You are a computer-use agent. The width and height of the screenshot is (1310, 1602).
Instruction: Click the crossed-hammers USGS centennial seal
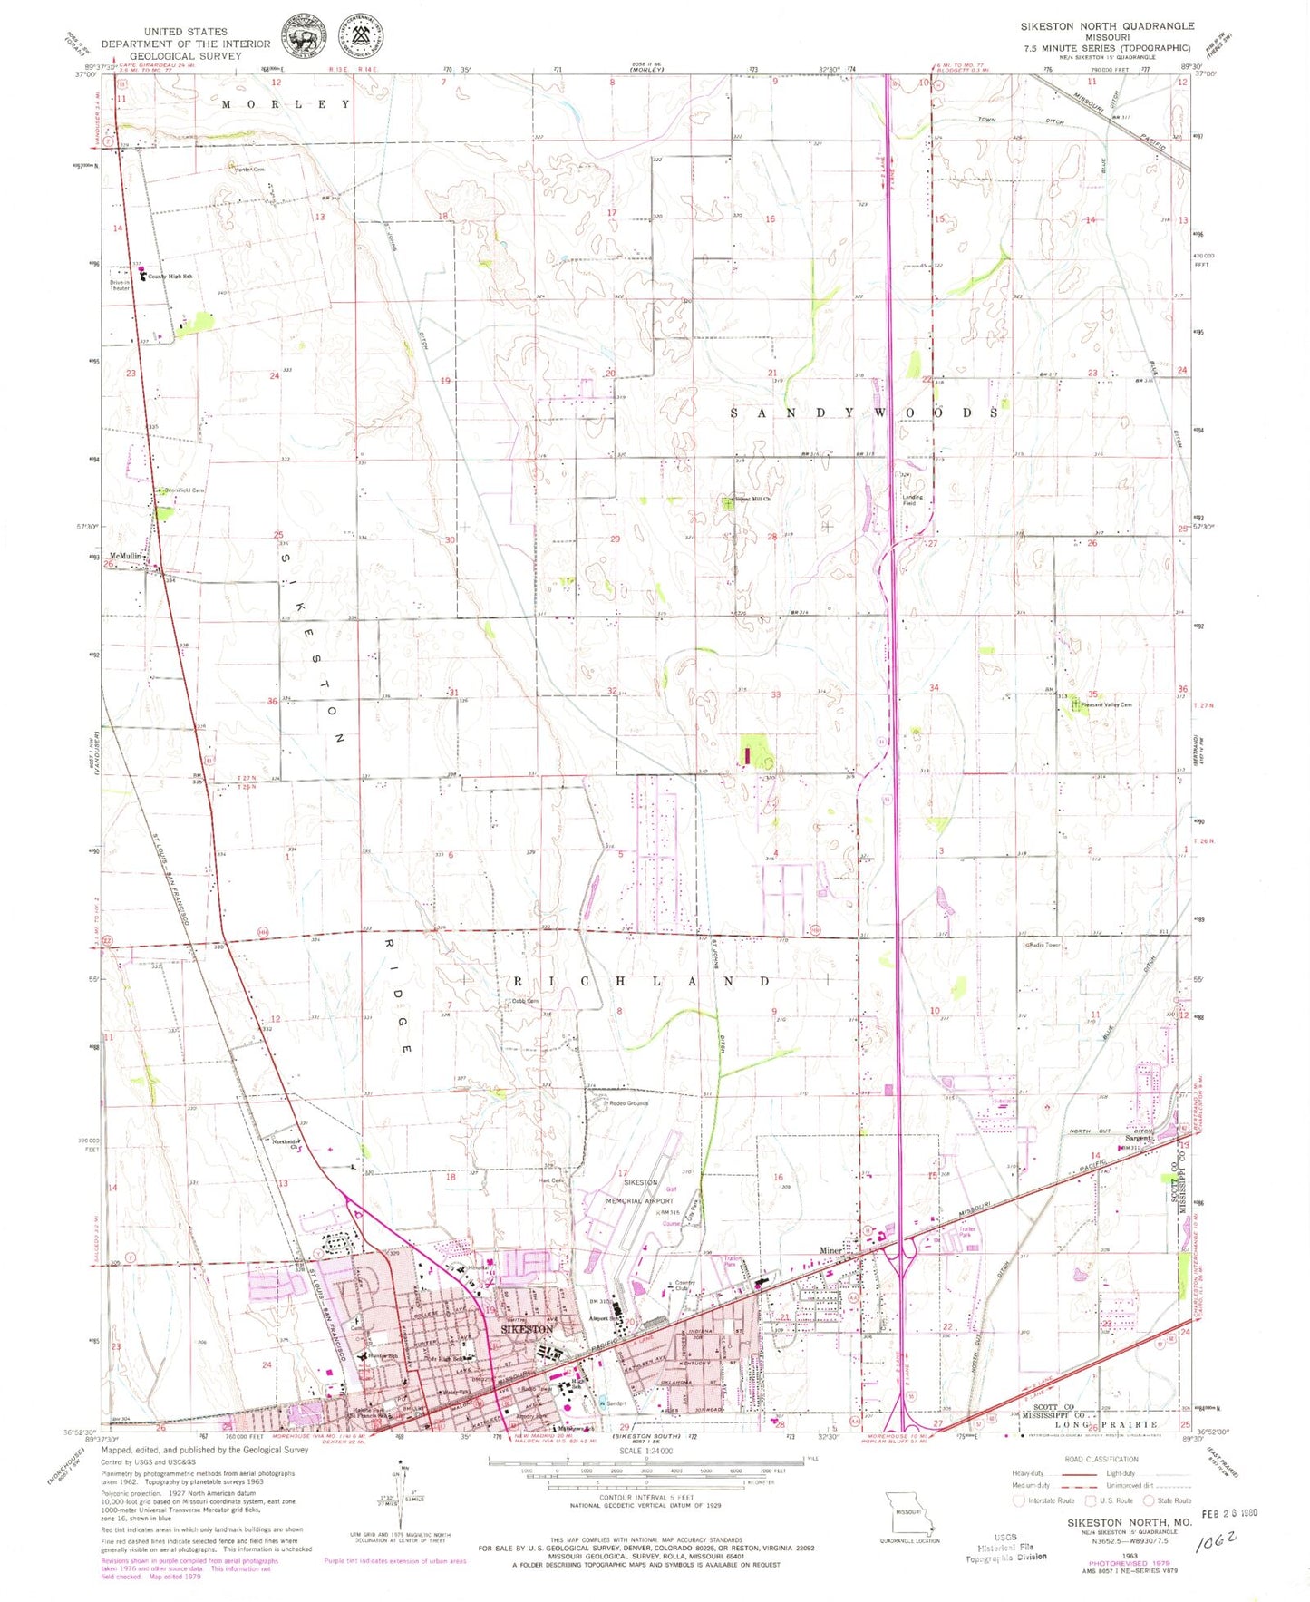360,37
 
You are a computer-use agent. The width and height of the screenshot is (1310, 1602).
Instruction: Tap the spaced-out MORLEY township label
286,104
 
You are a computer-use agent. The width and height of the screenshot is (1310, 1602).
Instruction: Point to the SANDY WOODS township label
865,413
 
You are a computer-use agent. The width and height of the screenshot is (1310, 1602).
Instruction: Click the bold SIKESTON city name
527,1328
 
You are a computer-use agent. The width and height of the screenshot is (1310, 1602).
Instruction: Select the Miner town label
830,1250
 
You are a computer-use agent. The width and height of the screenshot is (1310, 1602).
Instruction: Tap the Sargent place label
1138,1138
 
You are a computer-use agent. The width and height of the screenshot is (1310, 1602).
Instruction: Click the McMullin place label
126,556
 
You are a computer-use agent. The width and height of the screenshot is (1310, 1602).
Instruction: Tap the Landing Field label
912,500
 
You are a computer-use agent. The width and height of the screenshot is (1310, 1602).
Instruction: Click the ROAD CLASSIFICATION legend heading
1101,1459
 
